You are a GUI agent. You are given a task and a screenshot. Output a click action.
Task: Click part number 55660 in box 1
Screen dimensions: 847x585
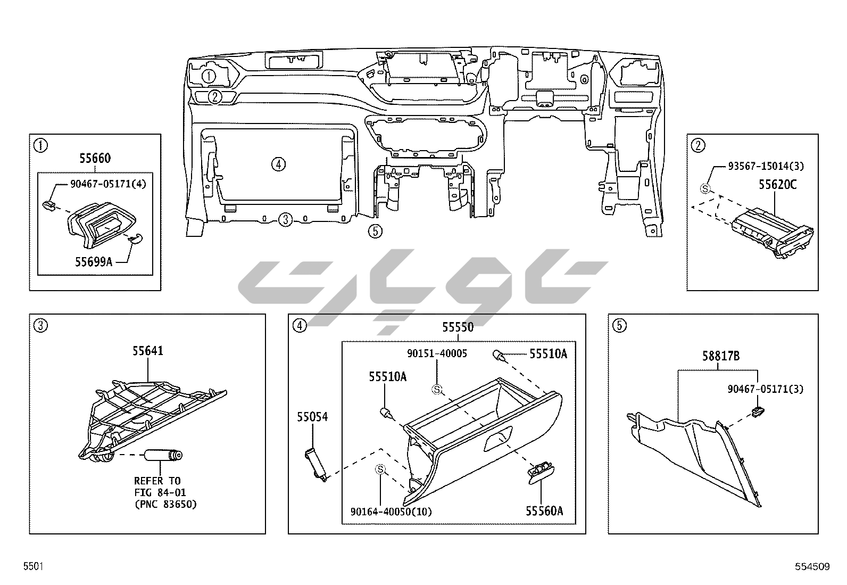95,158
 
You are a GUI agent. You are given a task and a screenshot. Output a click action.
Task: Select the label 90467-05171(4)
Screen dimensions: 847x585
108,184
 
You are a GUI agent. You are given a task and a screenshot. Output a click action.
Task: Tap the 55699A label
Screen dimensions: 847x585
94,262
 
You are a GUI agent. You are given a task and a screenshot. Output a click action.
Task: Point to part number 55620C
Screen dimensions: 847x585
777,185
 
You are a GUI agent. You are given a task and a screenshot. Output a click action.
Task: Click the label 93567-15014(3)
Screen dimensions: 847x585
766,166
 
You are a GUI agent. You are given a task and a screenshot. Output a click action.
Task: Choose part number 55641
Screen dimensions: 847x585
148,351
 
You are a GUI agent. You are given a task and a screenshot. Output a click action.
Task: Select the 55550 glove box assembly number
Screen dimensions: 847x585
458,327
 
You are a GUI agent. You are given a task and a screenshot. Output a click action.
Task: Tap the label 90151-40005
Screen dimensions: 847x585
437,353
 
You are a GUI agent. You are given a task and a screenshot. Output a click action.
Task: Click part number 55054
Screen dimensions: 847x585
312,417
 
